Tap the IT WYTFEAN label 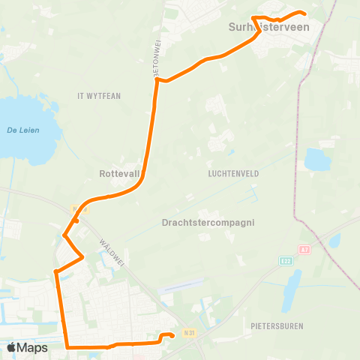(98, 96)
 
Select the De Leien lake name (22, 130)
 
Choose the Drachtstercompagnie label (208, 223)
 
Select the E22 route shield (286, 260)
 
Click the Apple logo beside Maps (11, 347)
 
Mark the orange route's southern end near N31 (172, 336)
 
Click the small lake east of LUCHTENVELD (317, 158)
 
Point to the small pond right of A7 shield (334, 240)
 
